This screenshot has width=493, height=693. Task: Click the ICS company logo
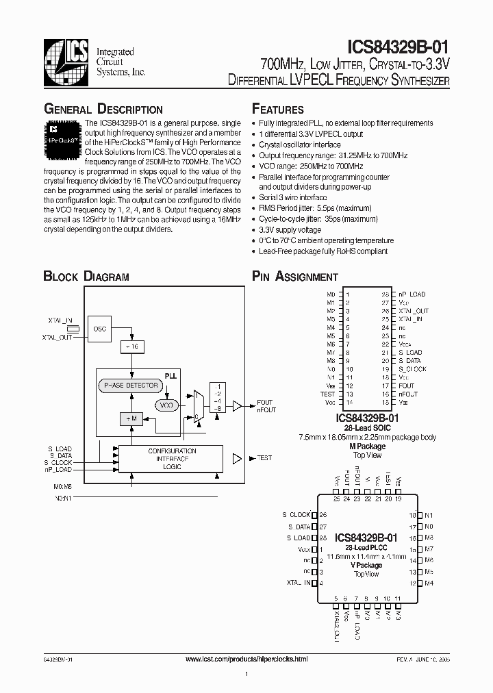[x=67, y=62]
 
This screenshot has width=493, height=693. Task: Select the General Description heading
[x=103, y=110]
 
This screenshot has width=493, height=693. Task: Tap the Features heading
[x=278, y=110]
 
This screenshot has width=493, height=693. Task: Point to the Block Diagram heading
[x=86, y=277]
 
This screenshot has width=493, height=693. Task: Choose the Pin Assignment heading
[x=295, y=277]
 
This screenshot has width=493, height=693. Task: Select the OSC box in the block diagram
[x=100, y=329]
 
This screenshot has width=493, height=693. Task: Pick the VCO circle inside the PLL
[x=166, y=405]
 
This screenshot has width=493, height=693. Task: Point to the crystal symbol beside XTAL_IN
[x=73, y=329]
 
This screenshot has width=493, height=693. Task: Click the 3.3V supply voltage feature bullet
[x=290, y=231]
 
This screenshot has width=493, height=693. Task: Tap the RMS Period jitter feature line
[x=315, y=207]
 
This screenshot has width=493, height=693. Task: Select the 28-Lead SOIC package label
[x=367, y=427]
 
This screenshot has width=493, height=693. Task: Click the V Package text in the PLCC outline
[x=368, y=565]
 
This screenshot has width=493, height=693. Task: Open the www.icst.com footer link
[x=246, y=659]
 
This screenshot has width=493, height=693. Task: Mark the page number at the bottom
[x=246, y=675]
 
